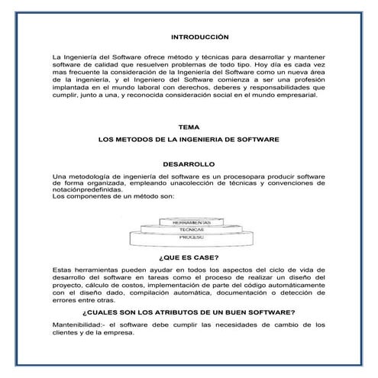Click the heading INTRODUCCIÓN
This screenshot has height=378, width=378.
pyautogui.click(x=189, y=36)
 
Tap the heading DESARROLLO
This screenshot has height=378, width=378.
pyautogui.click(x=189, y=164)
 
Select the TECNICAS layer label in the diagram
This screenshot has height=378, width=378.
pyautogui.click(x=189, y=230)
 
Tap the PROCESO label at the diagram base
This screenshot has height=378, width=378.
pyautogui.click(x=189, y=238)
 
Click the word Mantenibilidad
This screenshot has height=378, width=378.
pyautogui.click(x=76, y=326)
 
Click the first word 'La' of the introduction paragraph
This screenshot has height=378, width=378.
pyautogui.click(x=56, y=57)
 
